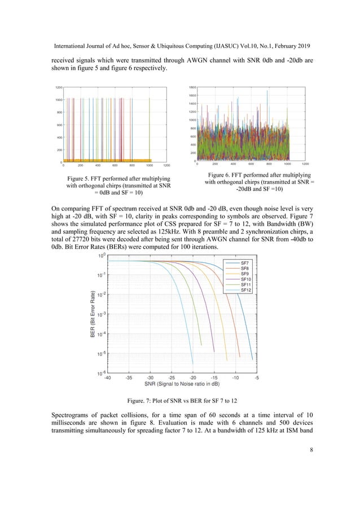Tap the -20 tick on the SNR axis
click(x=193, y=378)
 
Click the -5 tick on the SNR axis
click(x=257, y=378)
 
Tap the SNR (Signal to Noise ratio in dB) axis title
click(x=182, y=385)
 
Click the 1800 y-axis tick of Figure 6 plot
click(x=192, y=87)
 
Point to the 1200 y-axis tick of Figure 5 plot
click(x=58, y=87)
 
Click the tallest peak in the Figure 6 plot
click(x=267, y=91)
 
